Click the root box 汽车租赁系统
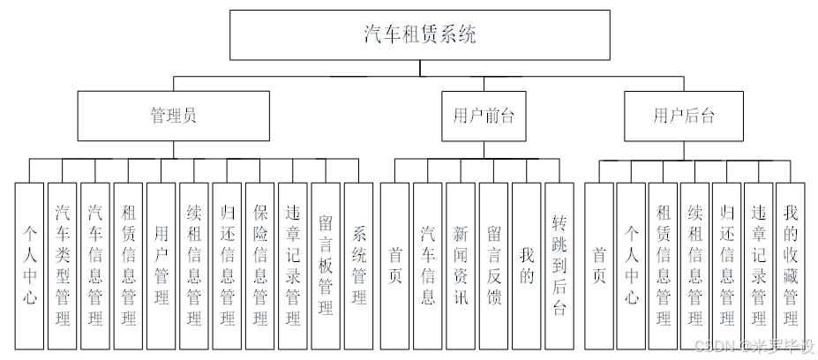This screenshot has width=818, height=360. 419,34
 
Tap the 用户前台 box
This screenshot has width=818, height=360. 483,116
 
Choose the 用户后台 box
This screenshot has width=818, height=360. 684,116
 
